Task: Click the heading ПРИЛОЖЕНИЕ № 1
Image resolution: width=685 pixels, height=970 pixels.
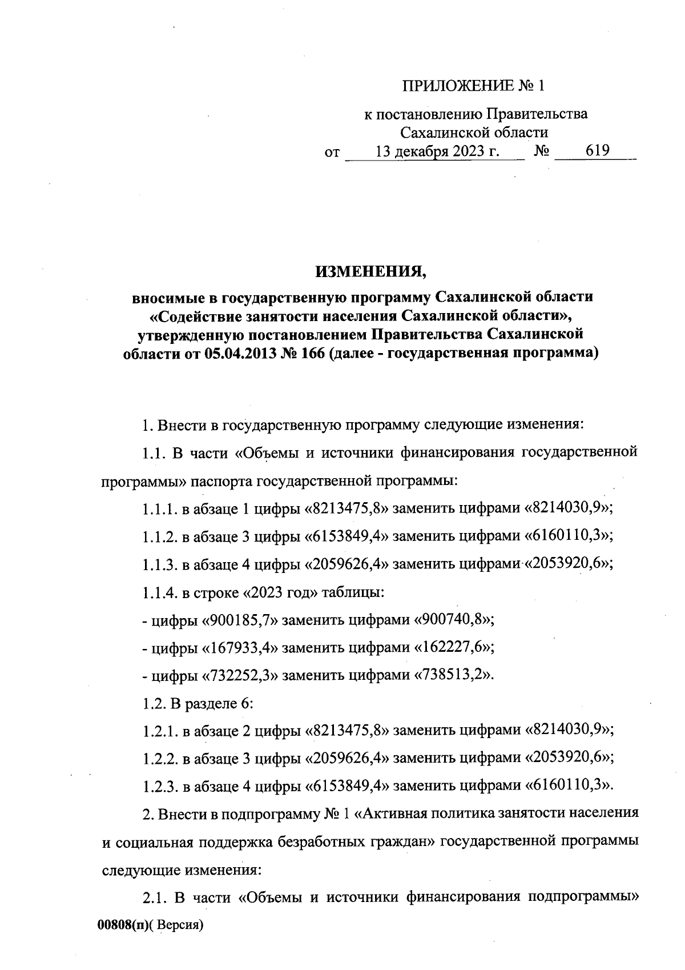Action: tap(474, 86)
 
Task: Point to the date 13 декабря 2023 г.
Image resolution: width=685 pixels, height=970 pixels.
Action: tap(437, 151)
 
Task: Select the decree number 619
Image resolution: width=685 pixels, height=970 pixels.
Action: tap(598, 151)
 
